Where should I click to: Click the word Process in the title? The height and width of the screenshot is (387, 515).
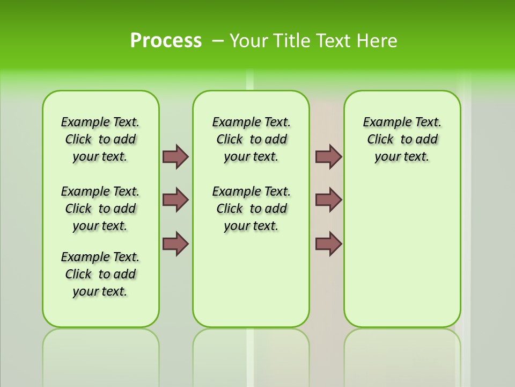[x=166, y=41]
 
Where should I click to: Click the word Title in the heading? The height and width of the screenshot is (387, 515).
[x=292, y=41]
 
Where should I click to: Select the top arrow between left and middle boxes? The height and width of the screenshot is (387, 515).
[x=175, y=156]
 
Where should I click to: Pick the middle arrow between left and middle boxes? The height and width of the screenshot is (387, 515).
[x=175, y=200]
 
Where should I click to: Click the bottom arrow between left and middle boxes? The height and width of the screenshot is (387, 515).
[x=175, y=243]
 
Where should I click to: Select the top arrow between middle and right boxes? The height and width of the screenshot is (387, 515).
[x=328, y=156]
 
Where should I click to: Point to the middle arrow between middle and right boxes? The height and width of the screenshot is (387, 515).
[x=328, y=200]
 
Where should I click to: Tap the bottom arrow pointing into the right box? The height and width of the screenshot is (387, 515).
[x=328, y=243]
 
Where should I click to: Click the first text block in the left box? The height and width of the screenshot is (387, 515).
[x=100, y=139]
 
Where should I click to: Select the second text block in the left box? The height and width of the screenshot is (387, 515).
[x=100, y=209]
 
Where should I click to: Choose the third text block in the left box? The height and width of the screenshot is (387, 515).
[x=100, y=274]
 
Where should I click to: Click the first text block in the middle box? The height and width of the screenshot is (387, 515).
[x=252, y=139]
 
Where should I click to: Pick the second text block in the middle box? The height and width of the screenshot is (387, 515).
[x=252, y=209]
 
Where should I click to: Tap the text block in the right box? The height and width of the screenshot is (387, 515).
[x=402, y=139]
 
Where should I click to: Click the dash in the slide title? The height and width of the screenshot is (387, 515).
[x=218, y=41]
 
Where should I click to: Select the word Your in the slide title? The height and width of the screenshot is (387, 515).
[x=249, y=41]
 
